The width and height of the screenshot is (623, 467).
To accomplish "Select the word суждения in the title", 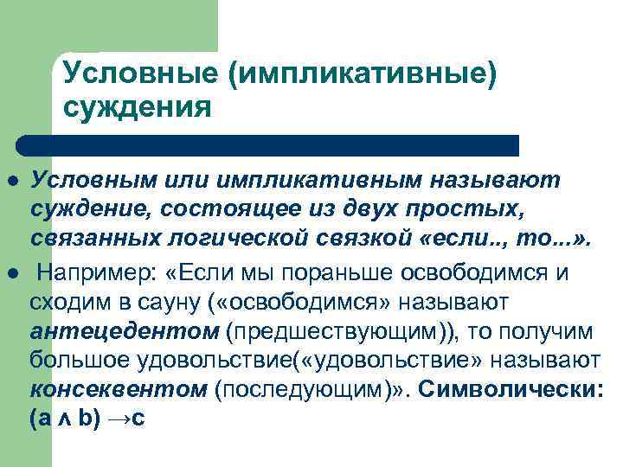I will pyautogui.click(x=138, y=108).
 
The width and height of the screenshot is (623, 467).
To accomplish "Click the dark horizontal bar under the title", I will pyautogui.click(x=268, y=144).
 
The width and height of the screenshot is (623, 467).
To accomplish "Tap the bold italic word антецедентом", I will pyautogui.click(x=125, y=331).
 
